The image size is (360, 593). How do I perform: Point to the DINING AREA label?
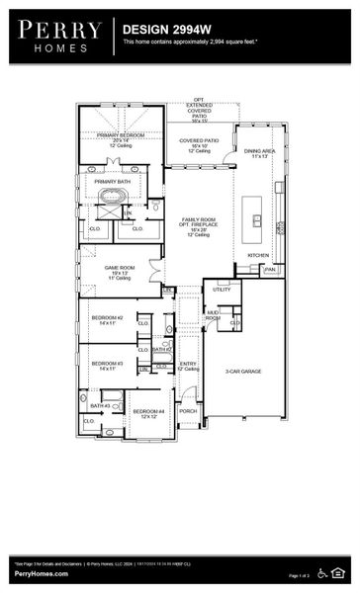pos(258,150)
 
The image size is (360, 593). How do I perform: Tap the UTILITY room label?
pos(221,290)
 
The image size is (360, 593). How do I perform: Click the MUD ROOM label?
pos(213,315)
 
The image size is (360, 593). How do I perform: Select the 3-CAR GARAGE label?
pos(243,371)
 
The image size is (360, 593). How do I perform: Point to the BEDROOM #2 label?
pos(106,318)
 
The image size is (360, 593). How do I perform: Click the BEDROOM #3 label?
pos(106,364)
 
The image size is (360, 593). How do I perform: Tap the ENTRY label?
pos(188,365)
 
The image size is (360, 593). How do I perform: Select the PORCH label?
pos(188,411)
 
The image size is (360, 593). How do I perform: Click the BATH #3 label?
pos(100,406)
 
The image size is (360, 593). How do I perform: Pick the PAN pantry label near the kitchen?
pos(269,269)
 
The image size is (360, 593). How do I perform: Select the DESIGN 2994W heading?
pos(161,30)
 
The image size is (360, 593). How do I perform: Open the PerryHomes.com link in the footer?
pos(41,574)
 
